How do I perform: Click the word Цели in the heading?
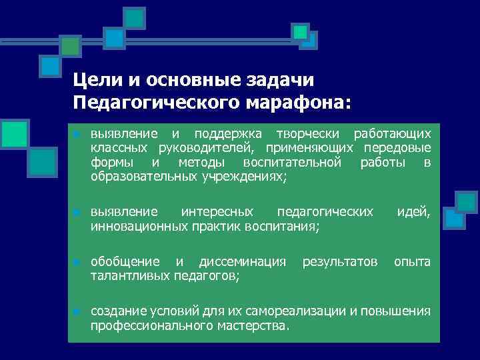[x=96, y=80]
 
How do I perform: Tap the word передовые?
[x=398, y=147]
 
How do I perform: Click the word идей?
[x=413, y=212]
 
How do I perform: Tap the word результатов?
[x=339, y=261]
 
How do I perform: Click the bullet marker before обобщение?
[x=77, y=262]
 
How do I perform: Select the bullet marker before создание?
[x=77, y=312]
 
